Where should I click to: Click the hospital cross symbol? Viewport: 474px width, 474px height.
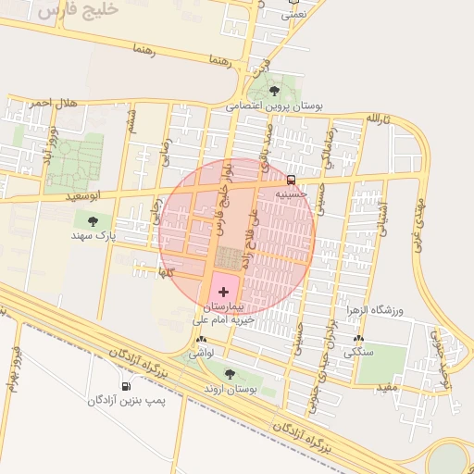pos(222,292)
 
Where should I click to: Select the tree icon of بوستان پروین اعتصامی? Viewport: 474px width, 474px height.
pos(274,91)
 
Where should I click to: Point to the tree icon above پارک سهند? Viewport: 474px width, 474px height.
pos(93,221)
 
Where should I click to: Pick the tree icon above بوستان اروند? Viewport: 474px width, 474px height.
pos(230,374)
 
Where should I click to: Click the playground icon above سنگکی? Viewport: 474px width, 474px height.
pos(358,339)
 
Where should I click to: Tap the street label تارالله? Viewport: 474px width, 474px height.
pos(380,119)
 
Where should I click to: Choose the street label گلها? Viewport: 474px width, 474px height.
pos(167,273)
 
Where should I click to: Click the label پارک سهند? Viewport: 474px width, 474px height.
pos(94,236)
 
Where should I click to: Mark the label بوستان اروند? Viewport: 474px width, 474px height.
pos(230,389)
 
